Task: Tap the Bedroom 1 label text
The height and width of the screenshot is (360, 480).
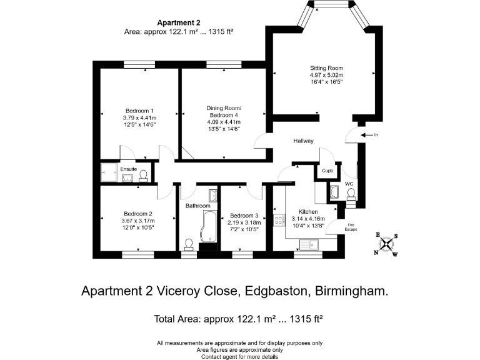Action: pos(139,110)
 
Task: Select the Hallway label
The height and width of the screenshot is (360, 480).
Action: pos(303,141)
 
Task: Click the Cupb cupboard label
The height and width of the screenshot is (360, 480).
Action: pos(327,171)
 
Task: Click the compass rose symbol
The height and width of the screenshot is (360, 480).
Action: pos(387,244)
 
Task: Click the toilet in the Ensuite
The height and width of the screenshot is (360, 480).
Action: pos(143,176)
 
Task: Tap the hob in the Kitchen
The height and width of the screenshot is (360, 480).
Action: pos(279,221)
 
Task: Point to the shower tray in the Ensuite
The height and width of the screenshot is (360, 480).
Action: pos(109,174)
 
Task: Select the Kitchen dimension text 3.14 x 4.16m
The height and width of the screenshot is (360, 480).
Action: pos(308,219)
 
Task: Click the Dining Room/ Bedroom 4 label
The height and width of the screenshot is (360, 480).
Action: pos(223,111)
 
